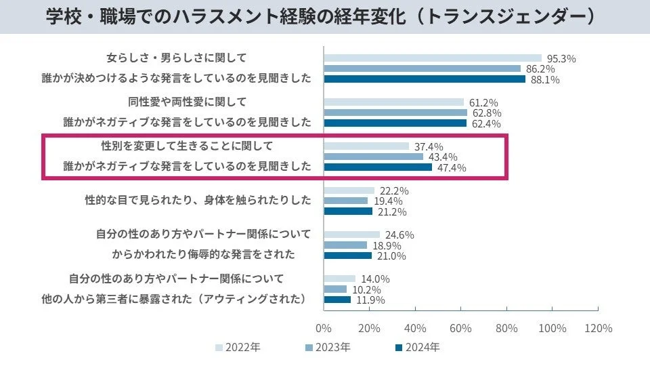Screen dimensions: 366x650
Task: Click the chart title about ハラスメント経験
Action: (325, 16)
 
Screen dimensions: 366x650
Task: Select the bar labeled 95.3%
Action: (433, 58)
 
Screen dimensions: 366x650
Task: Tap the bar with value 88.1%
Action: (425, 79)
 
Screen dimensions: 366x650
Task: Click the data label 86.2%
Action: (540, 68)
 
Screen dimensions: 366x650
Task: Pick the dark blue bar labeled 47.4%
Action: (378, 167)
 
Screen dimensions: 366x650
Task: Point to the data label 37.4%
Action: (428, 146)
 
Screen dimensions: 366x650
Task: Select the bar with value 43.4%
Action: (373, 157)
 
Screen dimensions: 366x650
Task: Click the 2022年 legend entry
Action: (238, 347)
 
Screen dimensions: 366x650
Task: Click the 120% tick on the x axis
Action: (598, 328)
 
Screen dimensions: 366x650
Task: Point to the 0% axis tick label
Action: (324, 328)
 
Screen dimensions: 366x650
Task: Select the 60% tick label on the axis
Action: (461, 328)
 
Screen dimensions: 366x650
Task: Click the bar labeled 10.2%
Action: (335, 289)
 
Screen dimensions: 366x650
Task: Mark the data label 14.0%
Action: (374, 279)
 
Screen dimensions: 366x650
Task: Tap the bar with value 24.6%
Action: (351, 235)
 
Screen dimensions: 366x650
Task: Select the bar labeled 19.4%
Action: (345, 201)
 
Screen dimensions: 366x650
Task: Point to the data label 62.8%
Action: (486, 113)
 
